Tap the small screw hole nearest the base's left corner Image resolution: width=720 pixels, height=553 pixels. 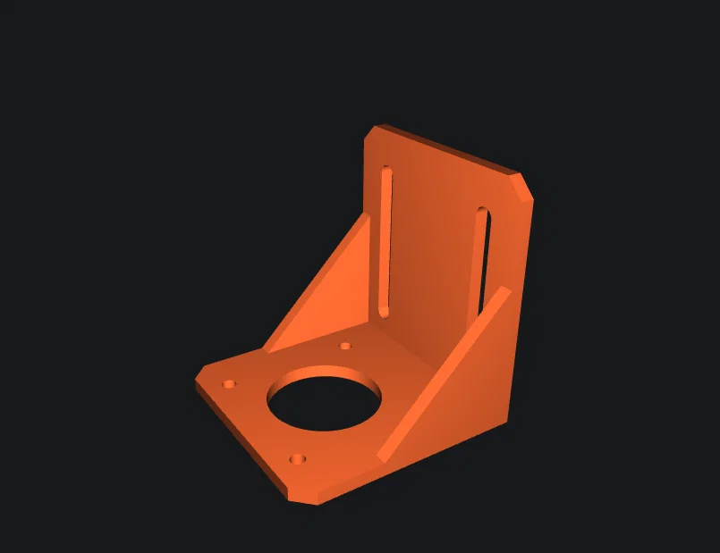[x=230, y=384]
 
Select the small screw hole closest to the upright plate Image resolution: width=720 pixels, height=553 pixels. [x=346, y=346]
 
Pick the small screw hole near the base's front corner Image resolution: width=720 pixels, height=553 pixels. [x=298, y=459]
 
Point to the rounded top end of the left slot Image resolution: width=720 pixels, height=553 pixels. [x=386, y=170]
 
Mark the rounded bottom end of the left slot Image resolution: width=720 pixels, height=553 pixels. [x=384, y=311]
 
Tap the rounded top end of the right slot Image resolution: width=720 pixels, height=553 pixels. [x=483, y=213]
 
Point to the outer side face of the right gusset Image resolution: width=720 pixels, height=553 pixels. [x=474, y=384]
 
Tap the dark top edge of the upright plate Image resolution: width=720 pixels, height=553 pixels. [x=447, y=147]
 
